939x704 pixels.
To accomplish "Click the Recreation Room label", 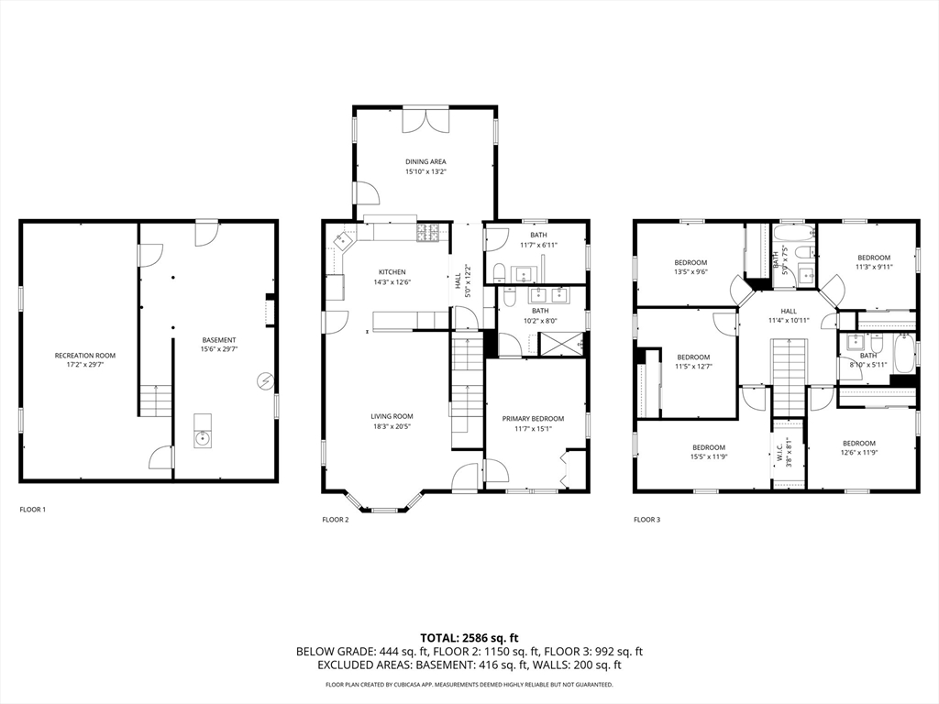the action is (x=85, y=356).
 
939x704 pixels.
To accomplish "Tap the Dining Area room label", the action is (x=425, y=161).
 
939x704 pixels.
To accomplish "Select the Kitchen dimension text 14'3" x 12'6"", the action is (x=392, y=282).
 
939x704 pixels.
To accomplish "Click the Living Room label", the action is (x=392, y=417).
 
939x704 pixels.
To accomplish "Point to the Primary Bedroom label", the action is (x=533, y=419).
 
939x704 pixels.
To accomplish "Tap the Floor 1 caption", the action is (x=33, y=510).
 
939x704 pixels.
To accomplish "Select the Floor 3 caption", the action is (x=646, y=520).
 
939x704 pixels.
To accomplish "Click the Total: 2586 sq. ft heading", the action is (x=469, y=638).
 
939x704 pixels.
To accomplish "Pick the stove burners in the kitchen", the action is (x=427, y=232).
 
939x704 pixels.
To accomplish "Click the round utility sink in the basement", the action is (x=203, y=439).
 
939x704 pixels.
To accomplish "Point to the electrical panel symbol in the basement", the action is (x=265, y=380).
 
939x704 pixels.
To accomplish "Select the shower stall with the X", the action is (x=562, y=345).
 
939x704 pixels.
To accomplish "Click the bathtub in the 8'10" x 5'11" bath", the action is (x=903, y=355).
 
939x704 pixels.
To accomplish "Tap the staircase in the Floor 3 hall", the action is (x=789, y=377).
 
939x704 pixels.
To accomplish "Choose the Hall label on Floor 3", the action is (x=789, y=312).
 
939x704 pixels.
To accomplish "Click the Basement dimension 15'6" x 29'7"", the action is (x=218, y=349).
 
